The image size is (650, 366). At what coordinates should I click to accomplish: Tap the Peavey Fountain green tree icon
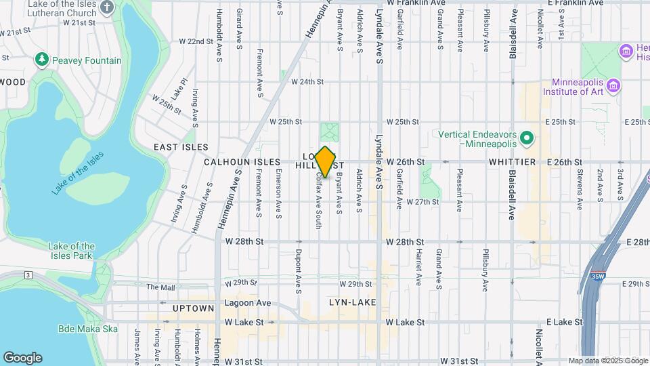pos(42,60)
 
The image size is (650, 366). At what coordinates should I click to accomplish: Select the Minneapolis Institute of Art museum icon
pos(614,85)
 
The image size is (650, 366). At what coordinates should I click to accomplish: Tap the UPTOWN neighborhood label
pos(175,308)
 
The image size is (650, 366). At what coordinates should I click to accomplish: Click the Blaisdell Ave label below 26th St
pos(512,200)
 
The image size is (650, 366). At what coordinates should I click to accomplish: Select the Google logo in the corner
pos(22,357)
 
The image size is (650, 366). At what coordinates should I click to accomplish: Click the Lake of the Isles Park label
pos(71,251)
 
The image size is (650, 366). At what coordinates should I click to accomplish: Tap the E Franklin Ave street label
pos(576,3)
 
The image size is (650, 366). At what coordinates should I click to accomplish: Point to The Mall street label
pos(160,287)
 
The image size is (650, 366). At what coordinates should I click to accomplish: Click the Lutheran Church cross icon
pos(107,7)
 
